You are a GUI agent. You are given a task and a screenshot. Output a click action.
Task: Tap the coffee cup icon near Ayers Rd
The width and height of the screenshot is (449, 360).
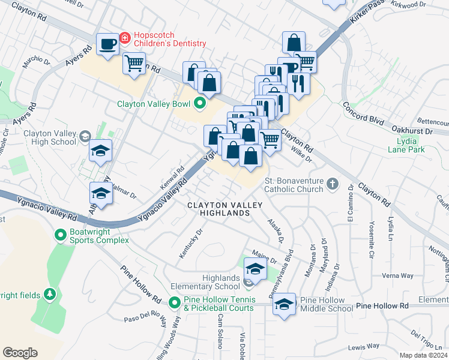(x=108, y=45)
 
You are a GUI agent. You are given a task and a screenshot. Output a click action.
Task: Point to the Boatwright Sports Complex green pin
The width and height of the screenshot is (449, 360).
(x=60, y=235)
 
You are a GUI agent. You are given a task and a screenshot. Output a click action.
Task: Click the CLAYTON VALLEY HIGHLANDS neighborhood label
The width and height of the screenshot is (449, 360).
(x=225, y=209)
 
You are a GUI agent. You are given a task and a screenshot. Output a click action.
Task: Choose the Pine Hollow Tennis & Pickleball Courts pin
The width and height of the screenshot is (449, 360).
(x=175, y=304)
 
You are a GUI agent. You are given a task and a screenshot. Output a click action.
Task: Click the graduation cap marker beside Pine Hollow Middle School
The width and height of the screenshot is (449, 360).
(x=284, y=305)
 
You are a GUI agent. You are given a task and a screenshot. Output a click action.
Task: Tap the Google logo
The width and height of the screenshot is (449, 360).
(x=20, y=352)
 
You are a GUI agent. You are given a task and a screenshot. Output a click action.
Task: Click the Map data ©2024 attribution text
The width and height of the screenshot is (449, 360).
(x=423, y=355)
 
